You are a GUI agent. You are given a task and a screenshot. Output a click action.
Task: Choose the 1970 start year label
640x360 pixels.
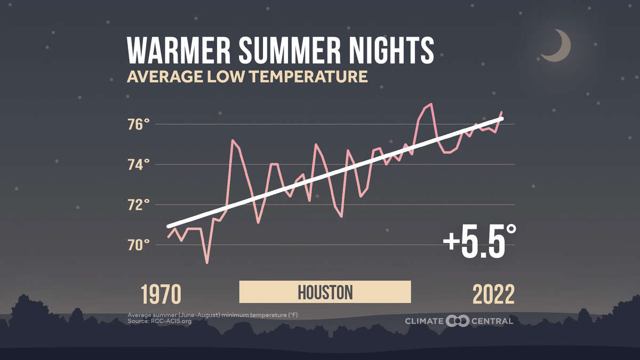coord(161,294)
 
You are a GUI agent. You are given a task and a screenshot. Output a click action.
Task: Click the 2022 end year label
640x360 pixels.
coord(493,294)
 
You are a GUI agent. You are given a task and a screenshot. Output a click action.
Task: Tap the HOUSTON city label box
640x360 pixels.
coord(325,292)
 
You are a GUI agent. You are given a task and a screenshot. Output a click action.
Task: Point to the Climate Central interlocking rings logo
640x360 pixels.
coord(457,321)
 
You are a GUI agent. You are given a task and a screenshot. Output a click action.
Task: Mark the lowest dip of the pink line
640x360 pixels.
coord(207,262)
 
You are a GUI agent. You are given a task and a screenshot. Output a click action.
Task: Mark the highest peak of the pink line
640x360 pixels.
coord(431,104)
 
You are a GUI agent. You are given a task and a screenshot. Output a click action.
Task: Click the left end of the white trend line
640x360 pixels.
coord(169,227)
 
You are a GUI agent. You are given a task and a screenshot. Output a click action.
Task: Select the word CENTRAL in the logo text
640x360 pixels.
coord(492,321)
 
